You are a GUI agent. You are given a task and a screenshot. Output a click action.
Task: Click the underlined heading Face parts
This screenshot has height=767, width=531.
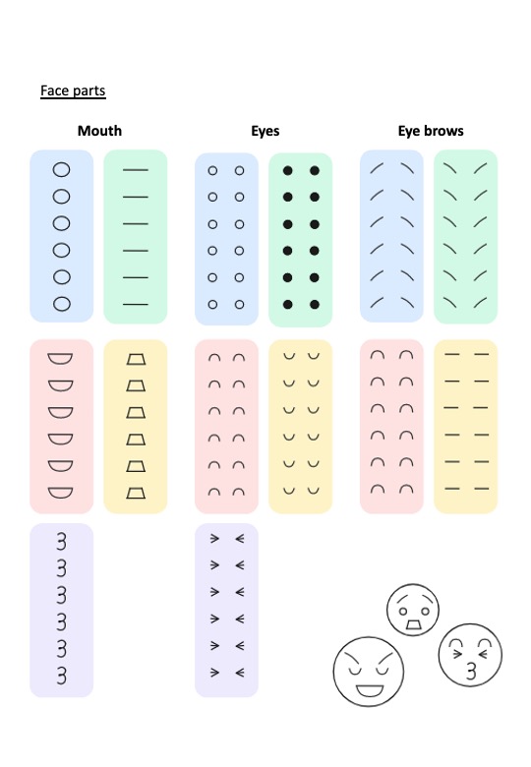73,91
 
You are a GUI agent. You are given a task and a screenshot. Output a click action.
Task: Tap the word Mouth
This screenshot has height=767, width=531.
99,131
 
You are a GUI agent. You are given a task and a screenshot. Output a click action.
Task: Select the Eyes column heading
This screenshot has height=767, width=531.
265,131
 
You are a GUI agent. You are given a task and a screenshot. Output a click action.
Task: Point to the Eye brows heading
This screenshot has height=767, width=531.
431,131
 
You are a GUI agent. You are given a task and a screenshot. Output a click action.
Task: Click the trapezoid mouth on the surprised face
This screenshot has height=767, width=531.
413,624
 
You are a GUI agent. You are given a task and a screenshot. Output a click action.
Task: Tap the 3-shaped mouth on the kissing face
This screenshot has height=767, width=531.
471,671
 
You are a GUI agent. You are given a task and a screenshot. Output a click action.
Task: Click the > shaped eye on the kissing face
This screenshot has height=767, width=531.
457,654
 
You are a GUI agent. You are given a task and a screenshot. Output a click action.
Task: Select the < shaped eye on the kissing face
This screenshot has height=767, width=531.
484,654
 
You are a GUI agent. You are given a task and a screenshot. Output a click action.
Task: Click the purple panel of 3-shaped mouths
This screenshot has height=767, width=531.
62,610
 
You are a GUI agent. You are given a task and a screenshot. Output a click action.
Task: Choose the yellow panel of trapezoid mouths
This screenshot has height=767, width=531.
136,427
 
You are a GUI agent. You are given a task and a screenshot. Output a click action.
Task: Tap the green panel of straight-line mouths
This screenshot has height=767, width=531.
136,237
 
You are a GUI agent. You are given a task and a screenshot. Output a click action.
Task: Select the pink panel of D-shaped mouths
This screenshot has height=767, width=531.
62,427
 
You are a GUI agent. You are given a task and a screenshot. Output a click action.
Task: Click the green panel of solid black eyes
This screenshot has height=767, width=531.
300,240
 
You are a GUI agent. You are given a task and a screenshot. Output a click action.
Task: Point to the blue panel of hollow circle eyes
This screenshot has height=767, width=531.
226,239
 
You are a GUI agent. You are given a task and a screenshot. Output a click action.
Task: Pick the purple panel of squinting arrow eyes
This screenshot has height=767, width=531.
226,610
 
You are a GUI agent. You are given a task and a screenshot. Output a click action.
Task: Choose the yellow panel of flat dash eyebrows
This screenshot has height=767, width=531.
465,427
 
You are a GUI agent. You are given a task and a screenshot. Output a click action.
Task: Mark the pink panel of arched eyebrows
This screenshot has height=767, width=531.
391,427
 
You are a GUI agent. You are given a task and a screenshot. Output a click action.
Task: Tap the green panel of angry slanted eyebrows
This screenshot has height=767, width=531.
465,237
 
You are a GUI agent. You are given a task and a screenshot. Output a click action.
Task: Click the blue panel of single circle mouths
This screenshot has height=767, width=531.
62,236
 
